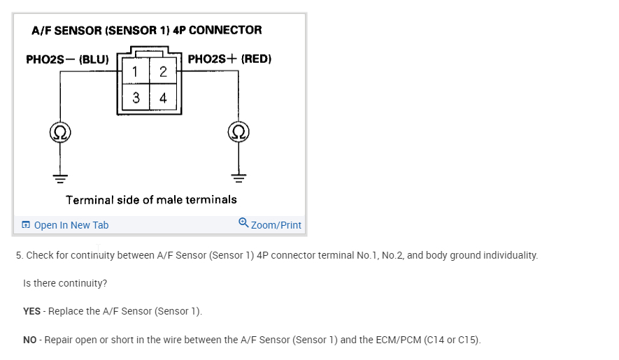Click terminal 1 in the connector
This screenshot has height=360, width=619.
coord(135,72)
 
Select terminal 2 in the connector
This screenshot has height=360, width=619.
coord(163,72)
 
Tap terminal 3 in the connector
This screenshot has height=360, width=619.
coord(135,99)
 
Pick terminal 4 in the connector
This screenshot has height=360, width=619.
coord(163,99)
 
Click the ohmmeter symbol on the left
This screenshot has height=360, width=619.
coord(59,131)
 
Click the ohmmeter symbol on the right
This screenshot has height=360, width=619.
coord(239,131)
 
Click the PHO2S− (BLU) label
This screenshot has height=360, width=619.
coord(67,59)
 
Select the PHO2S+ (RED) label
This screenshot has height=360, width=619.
coord(229,59)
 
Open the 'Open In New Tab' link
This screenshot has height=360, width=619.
coord(71,225)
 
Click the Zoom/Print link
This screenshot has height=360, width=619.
coord(276,225)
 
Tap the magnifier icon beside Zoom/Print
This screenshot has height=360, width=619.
coord(243,223)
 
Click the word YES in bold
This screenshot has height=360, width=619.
coord(31,311)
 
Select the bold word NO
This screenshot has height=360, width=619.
coord(30,340)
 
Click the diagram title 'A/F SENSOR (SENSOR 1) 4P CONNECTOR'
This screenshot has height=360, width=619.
coord(147,30)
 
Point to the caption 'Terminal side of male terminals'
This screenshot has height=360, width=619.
coord(151,200)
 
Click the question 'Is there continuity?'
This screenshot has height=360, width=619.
coord(65,283)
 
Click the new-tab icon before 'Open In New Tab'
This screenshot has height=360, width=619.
coord(26,225)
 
